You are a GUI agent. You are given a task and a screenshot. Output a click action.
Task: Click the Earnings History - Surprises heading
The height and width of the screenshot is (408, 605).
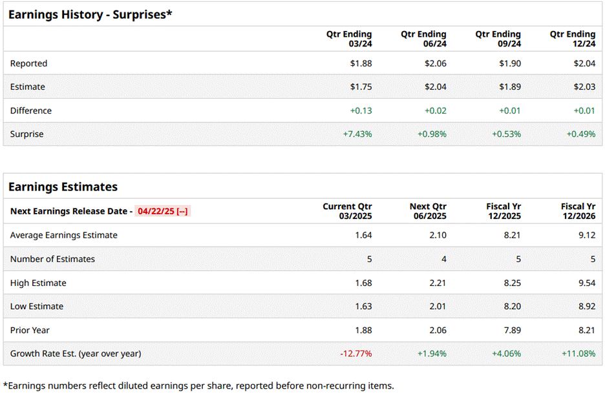(x=90, y=14)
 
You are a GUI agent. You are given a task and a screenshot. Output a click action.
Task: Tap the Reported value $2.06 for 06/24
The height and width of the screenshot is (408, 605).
(x=435, y=63)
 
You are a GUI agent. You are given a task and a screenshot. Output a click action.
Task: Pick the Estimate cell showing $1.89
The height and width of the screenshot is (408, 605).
(x=510, y=87)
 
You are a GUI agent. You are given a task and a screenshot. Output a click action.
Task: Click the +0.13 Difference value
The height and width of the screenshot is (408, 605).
(x=361, y=111)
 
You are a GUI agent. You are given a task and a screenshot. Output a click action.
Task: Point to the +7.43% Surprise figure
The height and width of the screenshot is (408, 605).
(x=357, y=134)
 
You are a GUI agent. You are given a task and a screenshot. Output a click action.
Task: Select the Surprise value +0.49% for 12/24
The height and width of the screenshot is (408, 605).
(x=581, y=134)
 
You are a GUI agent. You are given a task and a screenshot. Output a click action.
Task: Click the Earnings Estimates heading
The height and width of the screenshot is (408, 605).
(x=63, y=187)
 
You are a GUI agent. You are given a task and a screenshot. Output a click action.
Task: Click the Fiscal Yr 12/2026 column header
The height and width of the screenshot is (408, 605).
(x=578, y=211)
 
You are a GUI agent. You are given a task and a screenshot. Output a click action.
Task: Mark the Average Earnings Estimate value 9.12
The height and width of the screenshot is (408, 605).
(x=586, y=235)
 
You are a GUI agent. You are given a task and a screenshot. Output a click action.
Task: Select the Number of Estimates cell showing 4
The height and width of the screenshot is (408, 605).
(x=443, y=259)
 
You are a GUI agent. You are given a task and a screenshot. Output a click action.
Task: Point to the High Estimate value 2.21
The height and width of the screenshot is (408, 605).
(x=438, y=283)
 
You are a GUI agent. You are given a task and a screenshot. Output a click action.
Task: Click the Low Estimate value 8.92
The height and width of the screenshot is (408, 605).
(x=586, y=307)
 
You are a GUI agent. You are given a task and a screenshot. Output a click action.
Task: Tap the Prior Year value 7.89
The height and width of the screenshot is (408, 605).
(x=512, y=330)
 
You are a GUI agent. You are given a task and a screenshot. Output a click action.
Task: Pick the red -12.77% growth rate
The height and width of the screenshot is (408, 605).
(x=356, y=354)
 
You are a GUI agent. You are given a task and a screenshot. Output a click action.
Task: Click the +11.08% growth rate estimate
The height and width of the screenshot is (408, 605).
(x=578, y=354)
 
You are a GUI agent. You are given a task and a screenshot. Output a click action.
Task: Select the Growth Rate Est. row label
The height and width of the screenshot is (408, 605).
(x=76, y=354)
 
